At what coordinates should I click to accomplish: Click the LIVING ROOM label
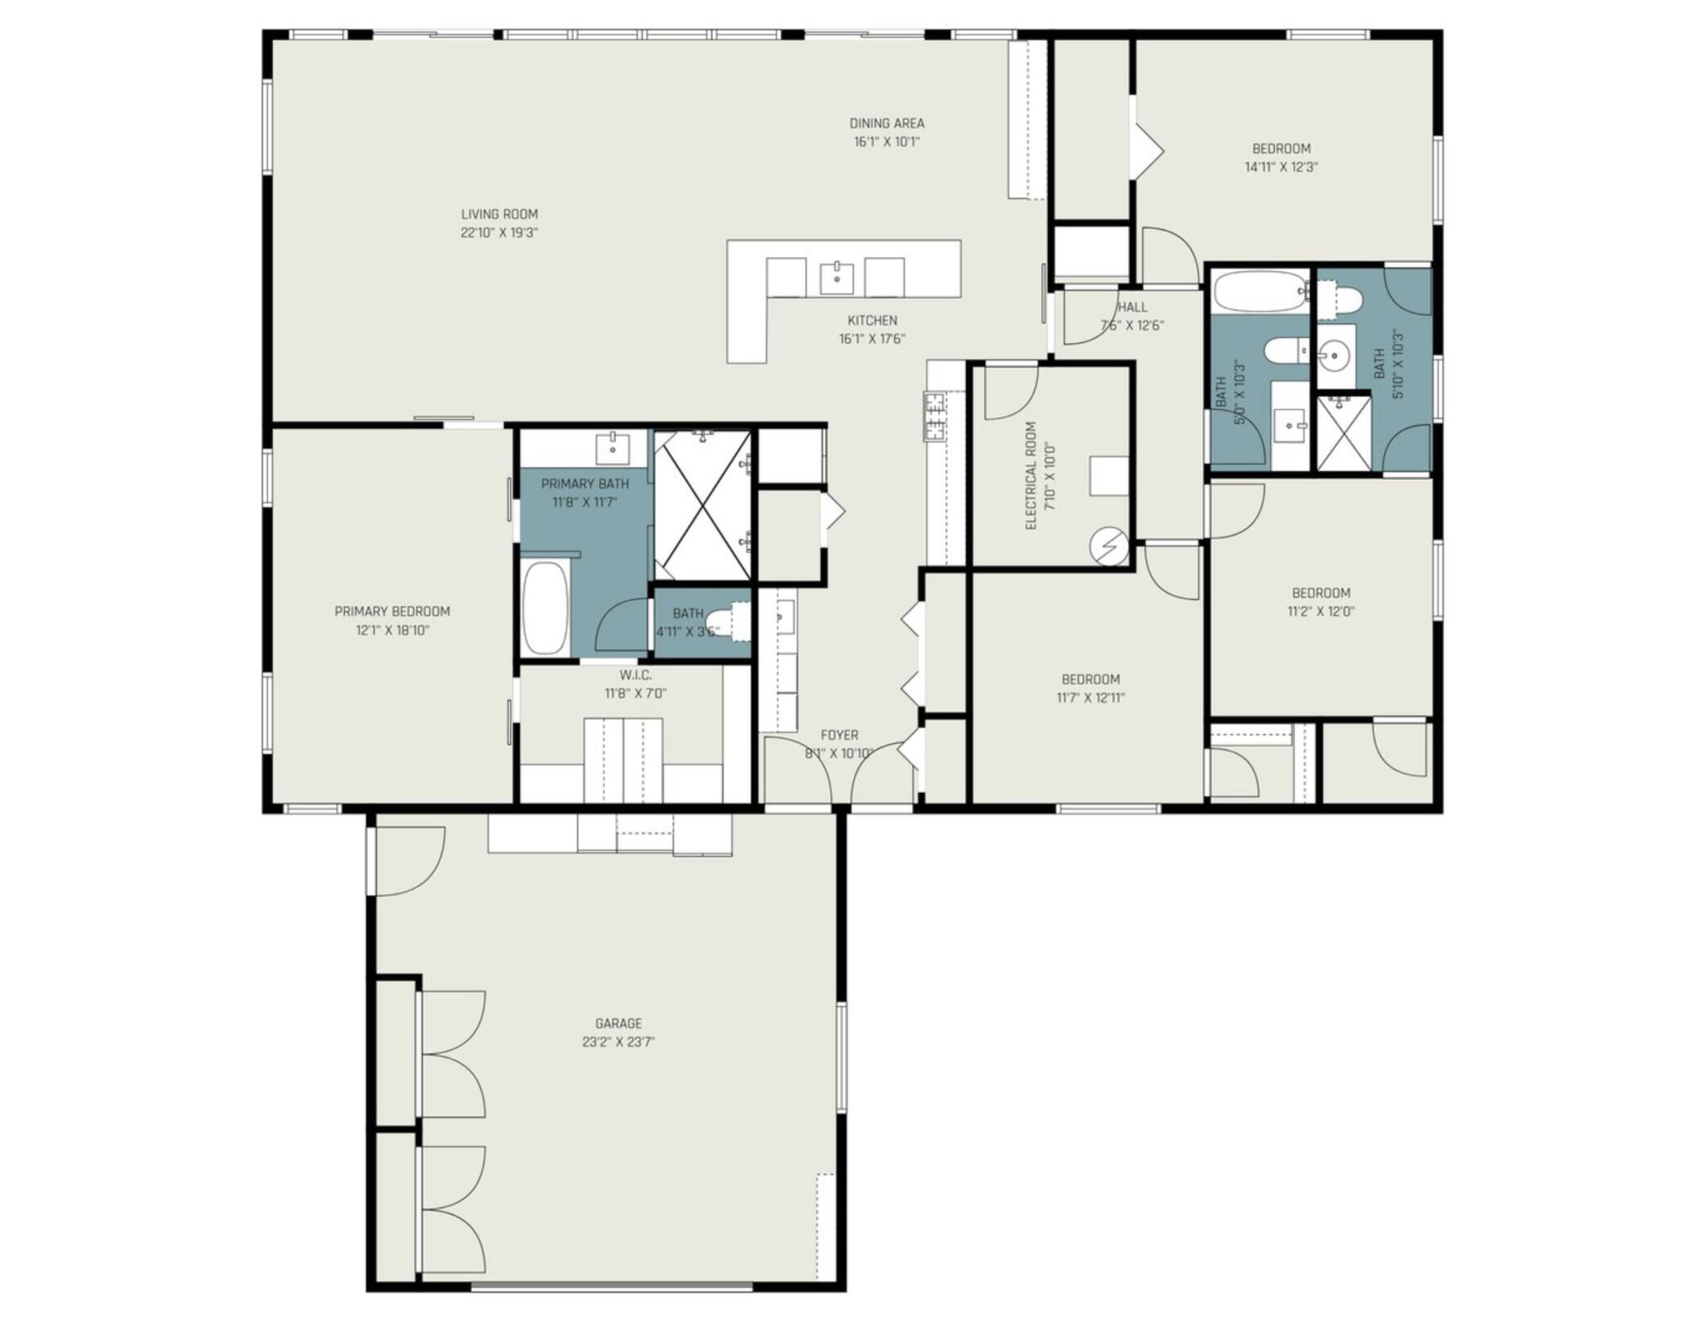click(499, 215)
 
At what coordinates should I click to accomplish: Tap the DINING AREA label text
click(887, 123)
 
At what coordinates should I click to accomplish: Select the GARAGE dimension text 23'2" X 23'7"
click(618, 1042)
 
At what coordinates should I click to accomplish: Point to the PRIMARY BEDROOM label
click(392, 612)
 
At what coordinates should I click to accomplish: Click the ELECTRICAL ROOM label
click(1031, 476)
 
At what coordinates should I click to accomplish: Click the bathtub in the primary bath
click(545, 608)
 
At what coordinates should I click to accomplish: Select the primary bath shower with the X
click(702, 505)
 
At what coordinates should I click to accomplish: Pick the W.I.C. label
click(635, 675)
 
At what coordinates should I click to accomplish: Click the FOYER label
click(840, 735)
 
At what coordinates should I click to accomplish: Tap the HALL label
click(1132, 307)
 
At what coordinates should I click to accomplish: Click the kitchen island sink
click(837, 278)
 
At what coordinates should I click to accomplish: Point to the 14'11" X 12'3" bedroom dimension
click(1282, 167)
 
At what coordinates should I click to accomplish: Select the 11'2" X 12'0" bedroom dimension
click(1321, 612)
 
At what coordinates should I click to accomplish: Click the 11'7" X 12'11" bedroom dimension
click(1090, 698)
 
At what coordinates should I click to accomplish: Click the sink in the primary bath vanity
click(613, 448)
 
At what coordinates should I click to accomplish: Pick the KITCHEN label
click(872, 321)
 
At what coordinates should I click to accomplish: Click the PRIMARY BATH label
click(585, 484)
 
